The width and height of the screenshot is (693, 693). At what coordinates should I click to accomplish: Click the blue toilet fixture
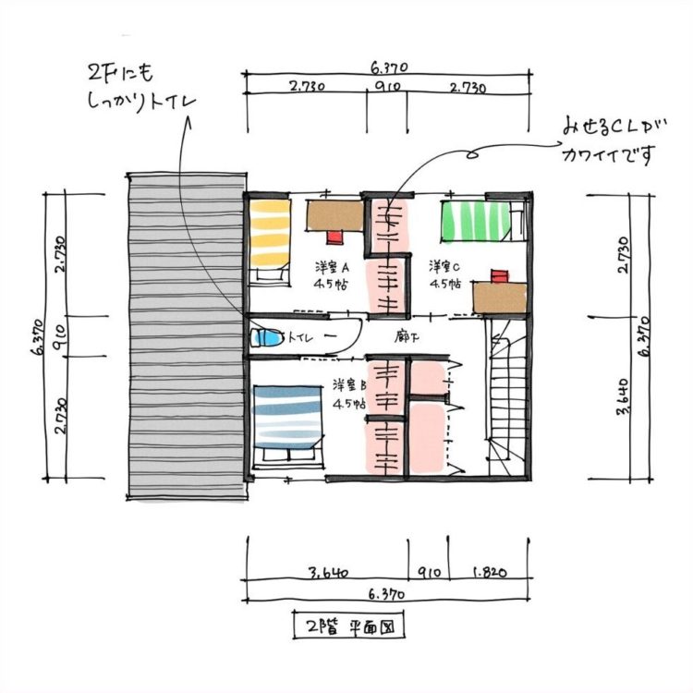(x=266, y=338)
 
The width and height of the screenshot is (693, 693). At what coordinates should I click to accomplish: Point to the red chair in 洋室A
(x=335, y=236)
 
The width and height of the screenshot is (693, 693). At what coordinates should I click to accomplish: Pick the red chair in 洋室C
(x=500, y=276)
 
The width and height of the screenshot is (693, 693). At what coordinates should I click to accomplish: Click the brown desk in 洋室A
(x=335, y=215)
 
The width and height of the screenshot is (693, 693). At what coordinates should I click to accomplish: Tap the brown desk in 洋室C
(x=500, y=298)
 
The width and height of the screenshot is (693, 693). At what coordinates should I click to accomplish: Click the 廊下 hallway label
(x=407, y=337)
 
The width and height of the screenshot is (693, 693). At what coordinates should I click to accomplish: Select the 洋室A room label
(x=333, y=267)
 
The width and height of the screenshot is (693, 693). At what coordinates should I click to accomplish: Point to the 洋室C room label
(x=444, y=266)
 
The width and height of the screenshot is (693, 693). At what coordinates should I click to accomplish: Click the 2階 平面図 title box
(x=349, y=625)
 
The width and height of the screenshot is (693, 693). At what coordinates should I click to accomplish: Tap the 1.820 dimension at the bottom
(x=490, y=573)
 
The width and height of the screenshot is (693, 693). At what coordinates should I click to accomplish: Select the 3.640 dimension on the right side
(x=623, y=396)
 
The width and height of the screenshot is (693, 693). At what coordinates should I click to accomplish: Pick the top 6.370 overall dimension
(x=389, y=67)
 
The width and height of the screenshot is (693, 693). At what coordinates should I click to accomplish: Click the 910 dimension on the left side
(x=60, y=336)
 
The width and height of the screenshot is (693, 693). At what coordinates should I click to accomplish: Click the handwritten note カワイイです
(x=607, y=154)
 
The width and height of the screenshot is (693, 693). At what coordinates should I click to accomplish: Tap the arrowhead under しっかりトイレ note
(x=188, y=122)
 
